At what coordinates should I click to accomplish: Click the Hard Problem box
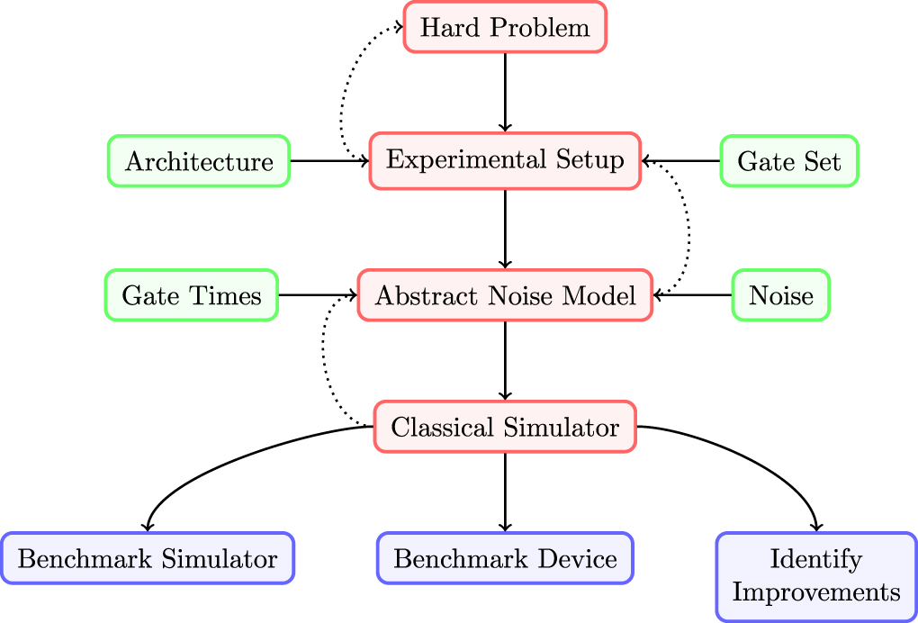point(505,27)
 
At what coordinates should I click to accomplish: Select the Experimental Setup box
point(505,160)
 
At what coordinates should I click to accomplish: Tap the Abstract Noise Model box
point(505,294)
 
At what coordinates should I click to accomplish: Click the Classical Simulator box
point(505,427)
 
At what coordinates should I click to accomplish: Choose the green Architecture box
point(199,161)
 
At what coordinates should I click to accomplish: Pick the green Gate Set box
point(789,161)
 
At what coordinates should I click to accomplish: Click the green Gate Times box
point(192,294)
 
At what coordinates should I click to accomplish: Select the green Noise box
point(780,294)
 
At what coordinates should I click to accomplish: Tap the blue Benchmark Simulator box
point(148,559)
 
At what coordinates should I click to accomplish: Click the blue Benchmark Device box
point(505,559)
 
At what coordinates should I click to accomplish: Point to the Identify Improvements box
point(816,576)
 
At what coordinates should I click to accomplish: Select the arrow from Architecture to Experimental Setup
point(329,161)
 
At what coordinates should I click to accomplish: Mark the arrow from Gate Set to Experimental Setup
point(681,161)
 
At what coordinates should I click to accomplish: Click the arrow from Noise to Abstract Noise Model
point(693,294)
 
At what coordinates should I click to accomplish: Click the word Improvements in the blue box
point(816,592)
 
